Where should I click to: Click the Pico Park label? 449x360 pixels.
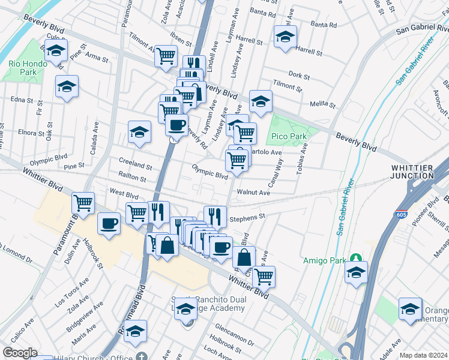[x=289, y=136]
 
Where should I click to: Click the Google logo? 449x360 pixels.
[x=19, y=353]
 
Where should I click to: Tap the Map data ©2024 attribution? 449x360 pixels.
[x=423, y=355]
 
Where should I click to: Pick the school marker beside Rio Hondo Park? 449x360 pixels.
[x=56, y=52]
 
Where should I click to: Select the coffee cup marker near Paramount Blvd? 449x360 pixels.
[x=109, y=224]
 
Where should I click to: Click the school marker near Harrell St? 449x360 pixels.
[x=285, y=36]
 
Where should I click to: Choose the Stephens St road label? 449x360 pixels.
[x=247, y=216]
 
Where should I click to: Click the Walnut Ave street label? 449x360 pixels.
[x=254, y=193]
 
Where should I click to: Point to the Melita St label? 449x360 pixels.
[x=322, y=104]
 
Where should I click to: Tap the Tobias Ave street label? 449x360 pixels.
[x=301, y=160]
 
